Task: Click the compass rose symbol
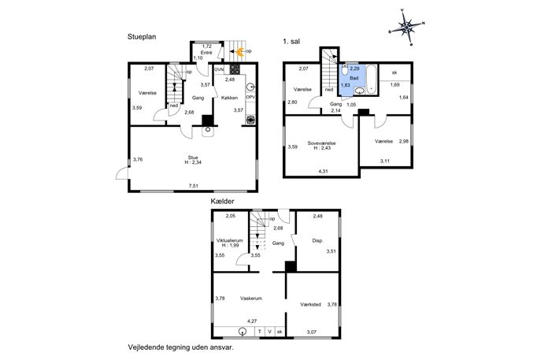pyautogui.click(x=407, y=27)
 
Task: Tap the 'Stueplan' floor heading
pyautogui.click(x=142, y=36)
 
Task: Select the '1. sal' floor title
pyautogui.click(x=291, y=42)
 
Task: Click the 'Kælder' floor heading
pyautogui.click(x=223, y=201)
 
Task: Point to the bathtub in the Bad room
pyautogui.click(x=371, y=79)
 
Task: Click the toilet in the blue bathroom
pyautogui.click(x=344, y=70)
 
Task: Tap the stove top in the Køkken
pyautogui.click(x=235, y=69)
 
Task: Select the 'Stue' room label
pyautogui.click(x=193, y=158)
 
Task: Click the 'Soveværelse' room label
pyautogui.click(x=321, y=143)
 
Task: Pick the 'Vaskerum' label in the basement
pyautogui.click(x=251, y=299)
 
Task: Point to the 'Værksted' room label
pyautogui.click(x=310, y=304)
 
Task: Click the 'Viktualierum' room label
pyautogui.click(x=229, y=240)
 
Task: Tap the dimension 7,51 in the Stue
pyautogui.click(x=194, y=186)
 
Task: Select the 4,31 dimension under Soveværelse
pyautogui.click(x=323, y=171)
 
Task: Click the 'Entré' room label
pyautogui.click(x=206, y=53)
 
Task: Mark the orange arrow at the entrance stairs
pyautogui.click(x=239, y=52)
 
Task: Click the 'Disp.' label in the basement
pyautogui.click(x=317, y=240)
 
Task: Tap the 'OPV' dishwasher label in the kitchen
pyautogui.click(x=250, y=98)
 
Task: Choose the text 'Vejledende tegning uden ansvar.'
pyautogui.click(x=181, y=347)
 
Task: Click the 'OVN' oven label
pyautogui.click(x=219, y=70)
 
